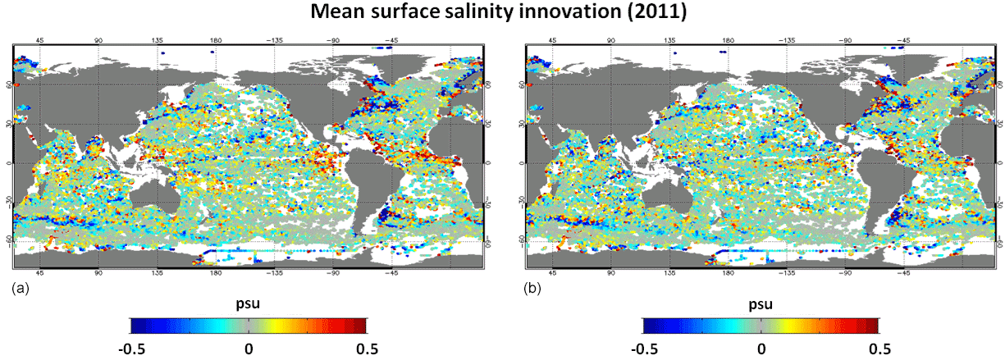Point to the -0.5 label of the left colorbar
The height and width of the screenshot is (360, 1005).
tap(131, 348)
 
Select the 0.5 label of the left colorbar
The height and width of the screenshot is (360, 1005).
tap(366, 348)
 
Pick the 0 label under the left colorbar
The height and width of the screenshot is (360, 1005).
tap(248, 348)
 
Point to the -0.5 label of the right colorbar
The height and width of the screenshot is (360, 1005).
tap(644, 348)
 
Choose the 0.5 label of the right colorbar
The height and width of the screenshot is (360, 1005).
tap(879, 348)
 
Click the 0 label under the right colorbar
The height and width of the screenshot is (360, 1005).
tap(761, 348)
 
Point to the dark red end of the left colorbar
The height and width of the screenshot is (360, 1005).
tap(363, 326)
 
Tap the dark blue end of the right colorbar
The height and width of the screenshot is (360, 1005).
tap(647, 326)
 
